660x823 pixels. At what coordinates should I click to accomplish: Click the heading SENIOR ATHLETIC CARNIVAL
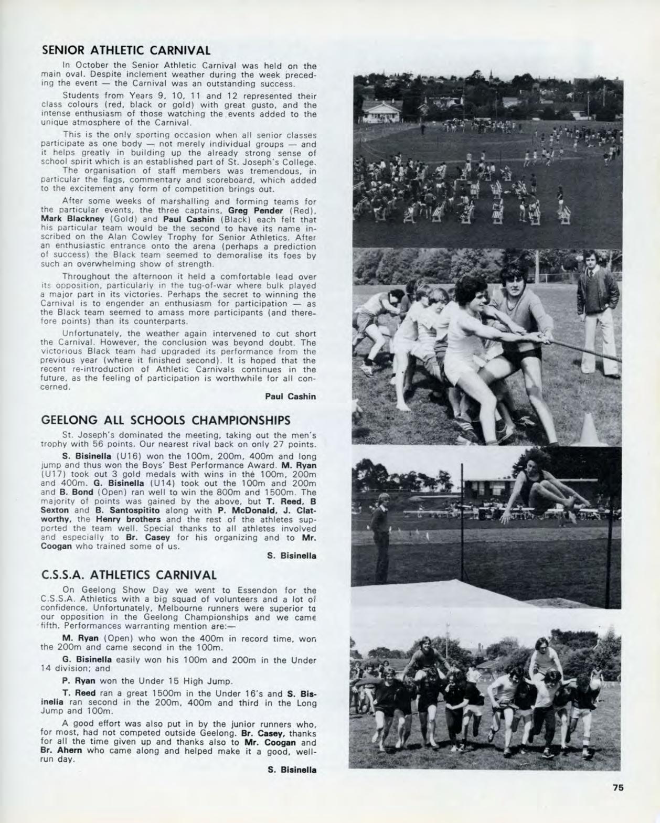point(125,50)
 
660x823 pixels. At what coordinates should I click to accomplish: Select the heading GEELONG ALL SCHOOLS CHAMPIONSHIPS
point(165,420)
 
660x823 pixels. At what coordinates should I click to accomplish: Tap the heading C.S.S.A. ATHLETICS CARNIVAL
point(129,574)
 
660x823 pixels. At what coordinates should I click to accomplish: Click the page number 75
point(618,787)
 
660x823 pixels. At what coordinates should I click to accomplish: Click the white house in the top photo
point(381,110)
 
